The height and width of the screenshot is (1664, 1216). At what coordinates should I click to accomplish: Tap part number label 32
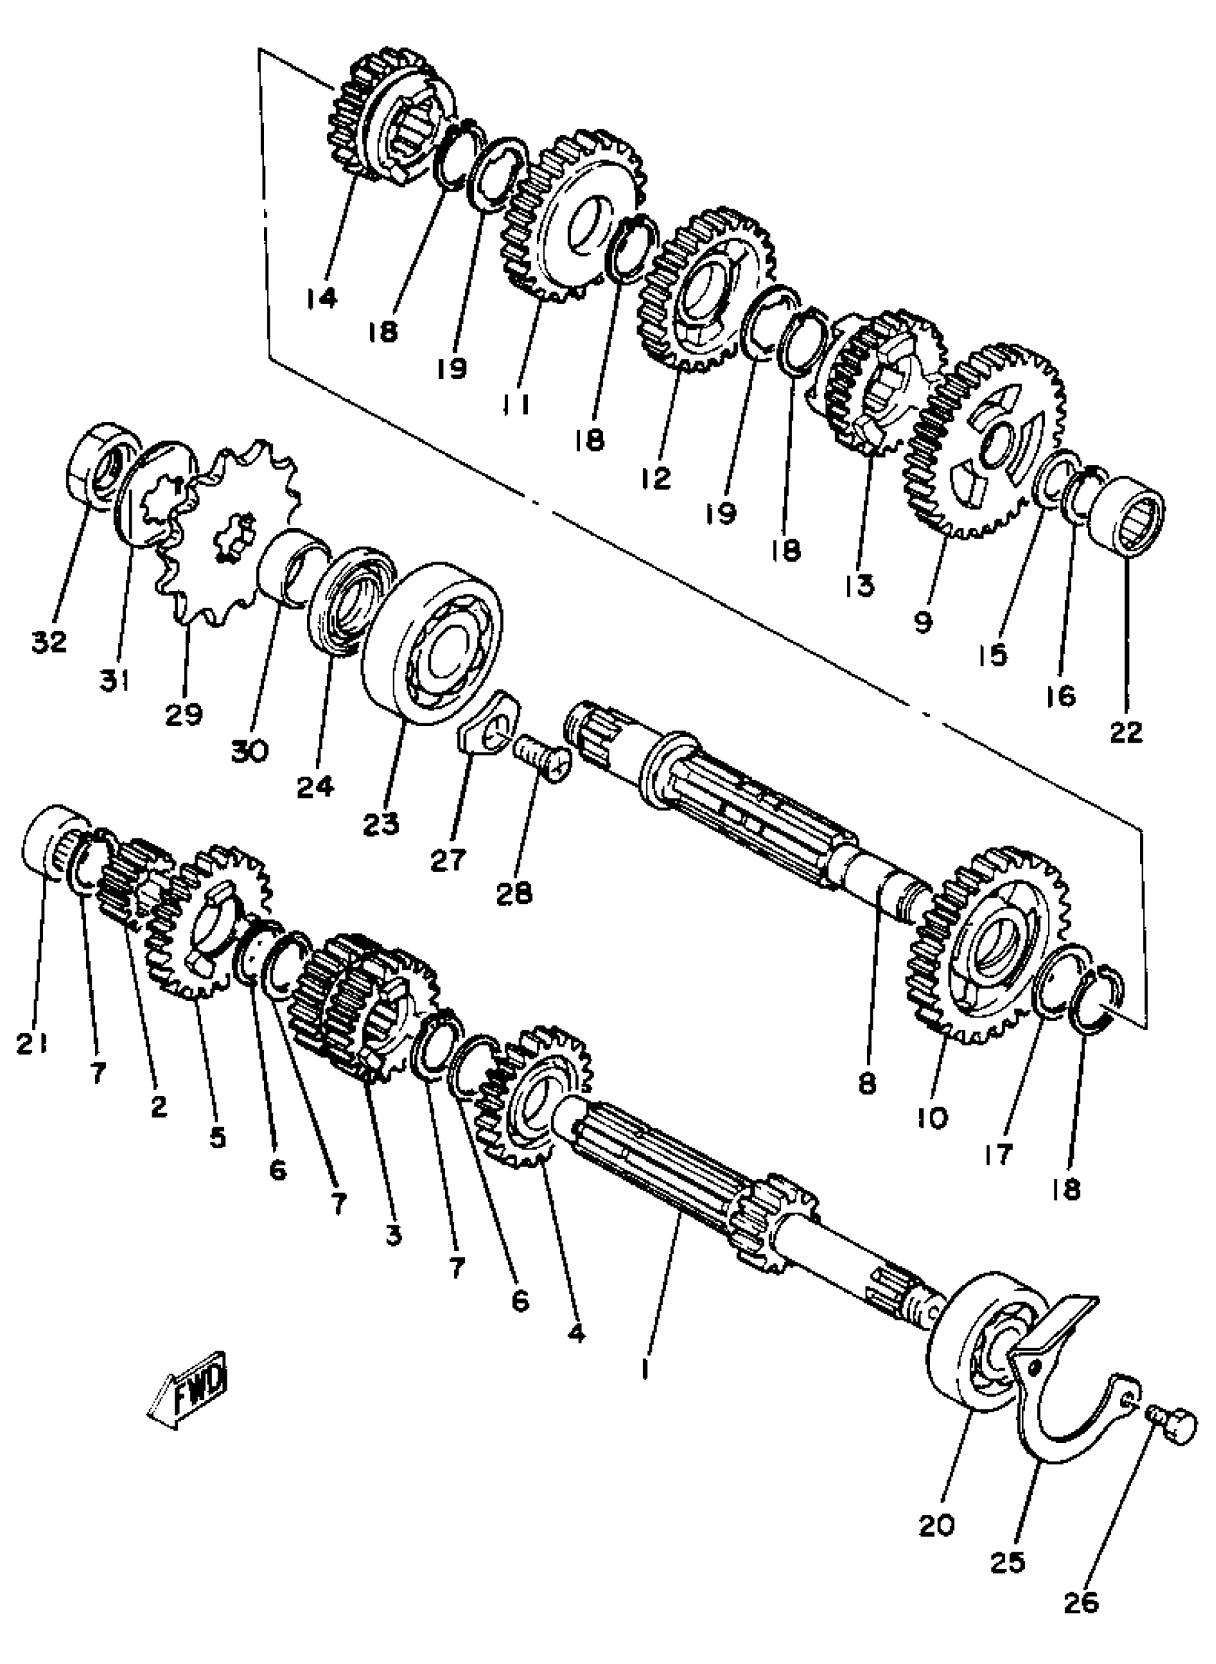point(49,642)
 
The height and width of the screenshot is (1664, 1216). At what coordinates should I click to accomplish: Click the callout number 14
point(322,298)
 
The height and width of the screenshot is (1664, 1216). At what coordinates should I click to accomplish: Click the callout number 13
point(859,587)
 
